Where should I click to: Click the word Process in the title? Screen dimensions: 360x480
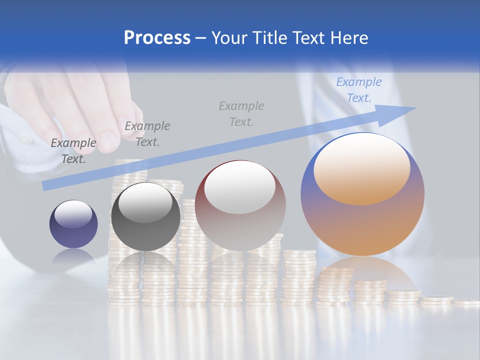[x=157, y=38]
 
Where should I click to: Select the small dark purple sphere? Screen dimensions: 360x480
[x=73, y=224]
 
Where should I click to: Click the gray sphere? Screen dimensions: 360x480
[x=145, y=217]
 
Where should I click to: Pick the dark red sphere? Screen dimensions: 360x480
[x=240, y=205]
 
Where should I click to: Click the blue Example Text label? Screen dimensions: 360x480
[x=359, y=90]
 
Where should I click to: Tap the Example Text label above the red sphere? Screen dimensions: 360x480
[x=241, y=113]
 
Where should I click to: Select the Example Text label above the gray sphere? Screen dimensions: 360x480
[x=147, y=133]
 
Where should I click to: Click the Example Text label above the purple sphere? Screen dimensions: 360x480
[x=73, y=150]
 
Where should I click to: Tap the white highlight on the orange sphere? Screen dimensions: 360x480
[x=362, y=169]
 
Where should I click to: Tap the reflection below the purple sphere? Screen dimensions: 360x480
[x=73, y=258]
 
